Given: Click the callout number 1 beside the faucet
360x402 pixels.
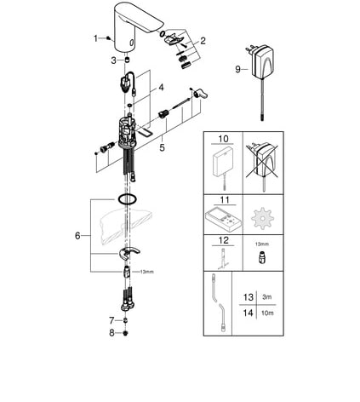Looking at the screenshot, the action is [x=96, y=38].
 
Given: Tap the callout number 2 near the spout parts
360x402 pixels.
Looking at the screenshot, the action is [x=203, y=41].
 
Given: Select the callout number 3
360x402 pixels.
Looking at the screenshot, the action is [x=113, y=60].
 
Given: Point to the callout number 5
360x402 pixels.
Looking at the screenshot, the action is [x=162, y=147].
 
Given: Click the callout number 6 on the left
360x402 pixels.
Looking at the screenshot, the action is [x=77, y=236].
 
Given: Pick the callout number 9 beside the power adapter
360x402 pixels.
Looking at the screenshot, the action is [x=238, y=69].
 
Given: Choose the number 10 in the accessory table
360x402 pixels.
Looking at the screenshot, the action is [x=223, y=139].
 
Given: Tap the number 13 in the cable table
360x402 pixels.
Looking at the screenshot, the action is [x=248, y=297].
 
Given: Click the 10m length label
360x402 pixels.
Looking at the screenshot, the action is [x=267, y=313].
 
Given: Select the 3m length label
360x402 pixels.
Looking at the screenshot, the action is [x=267, y=297].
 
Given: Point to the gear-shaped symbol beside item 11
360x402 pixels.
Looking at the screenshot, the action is [x=263, y=219].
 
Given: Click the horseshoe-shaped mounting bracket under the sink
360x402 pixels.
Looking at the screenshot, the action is [x=129, y=252].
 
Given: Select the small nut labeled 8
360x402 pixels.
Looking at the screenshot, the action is [x=125, y=333].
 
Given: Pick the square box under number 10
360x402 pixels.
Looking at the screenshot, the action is [x=224, y=164].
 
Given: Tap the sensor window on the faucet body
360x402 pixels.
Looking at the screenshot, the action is [x=131, y=43].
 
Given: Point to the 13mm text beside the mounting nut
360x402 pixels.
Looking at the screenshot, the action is [x=147, y=272].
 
